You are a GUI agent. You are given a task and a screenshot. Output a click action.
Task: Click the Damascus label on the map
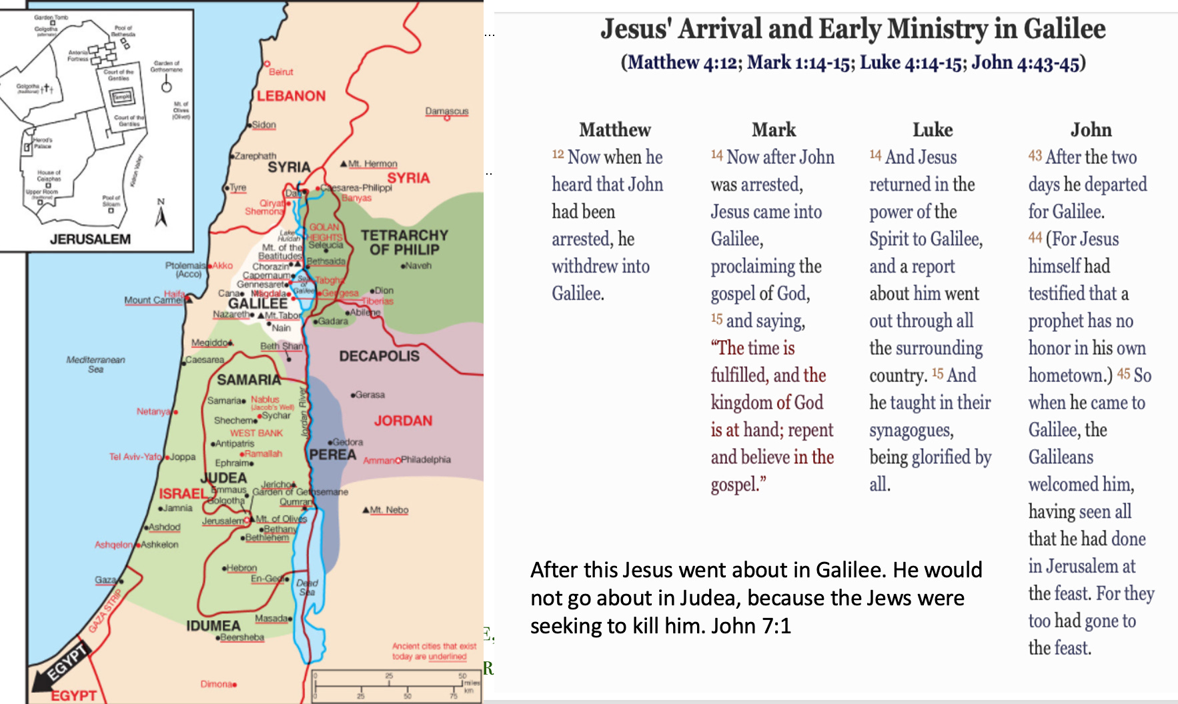(447, 111)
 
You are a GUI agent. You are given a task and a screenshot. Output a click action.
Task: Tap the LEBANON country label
(291, 96)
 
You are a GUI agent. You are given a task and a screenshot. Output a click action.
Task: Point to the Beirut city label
(281, 72)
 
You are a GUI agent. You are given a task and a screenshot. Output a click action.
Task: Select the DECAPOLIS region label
(379, 356)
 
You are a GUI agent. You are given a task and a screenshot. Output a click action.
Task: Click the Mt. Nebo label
(389, 510)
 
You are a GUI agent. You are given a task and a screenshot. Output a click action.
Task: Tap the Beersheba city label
(241, 637)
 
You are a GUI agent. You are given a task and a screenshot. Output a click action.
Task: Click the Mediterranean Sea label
(95, 364)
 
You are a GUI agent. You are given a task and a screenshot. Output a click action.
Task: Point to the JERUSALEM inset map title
(90, 239)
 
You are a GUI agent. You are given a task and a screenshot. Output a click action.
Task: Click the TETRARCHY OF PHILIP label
(404, 243)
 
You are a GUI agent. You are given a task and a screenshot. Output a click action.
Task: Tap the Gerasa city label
(370, 395)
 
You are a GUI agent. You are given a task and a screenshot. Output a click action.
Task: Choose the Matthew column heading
(614, 129)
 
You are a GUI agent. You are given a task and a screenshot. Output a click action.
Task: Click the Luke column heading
(933, 129)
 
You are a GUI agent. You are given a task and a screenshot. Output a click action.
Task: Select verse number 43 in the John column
(1035, 155)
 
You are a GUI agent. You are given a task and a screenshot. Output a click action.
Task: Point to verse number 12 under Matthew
(558, 155)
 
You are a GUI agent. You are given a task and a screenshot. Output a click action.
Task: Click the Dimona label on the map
(216, 684)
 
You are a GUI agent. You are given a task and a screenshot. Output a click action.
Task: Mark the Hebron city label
(241, 568)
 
